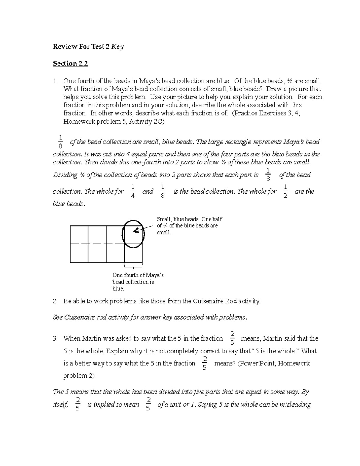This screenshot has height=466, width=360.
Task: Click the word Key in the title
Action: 117,47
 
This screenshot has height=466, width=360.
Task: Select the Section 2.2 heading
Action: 70,64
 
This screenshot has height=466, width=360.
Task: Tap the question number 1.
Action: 55,81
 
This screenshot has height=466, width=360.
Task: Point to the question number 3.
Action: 55,339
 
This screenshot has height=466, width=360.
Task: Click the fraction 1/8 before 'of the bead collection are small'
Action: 61,142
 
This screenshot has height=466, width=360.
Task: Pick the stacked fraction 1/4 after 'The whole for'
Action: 133,191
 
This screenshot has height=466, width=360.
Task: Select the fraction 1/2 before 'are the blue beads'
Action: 285,191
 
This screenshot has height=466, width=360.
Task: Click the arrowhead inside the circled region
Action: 135,230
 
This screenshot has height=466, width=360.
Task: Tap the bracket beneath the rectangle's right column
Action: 133,266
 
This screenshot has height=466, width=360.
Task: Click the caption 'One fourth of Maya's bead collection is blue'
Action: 138,282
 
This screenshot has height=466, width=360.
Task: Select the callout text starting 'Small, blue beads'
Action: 189,226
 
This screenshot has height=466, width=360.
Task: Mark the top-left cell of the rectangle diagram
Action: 79,235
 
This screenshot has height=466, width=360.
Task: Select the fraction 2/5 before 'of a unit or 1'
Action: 148,404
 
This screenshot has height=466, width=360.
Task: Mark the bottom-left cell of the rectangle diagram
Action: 79,253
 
